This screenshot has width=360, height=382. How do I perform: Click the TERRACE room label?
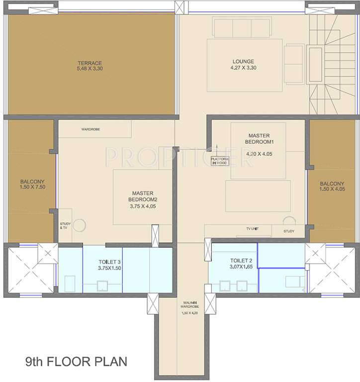(90, 63)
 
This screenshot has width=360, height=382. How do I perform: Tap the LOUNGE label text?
(243, 62)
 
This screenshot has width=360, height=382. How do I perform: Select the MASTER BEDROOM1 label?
(259, 138)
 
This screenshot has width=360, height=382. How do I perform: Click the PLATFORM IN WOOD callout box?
(219, 161)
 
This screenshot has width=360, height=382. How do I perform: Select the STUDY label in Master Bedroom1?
(289, 231)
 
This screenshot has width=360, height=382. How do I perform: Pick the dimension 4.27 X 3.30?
(243, 68)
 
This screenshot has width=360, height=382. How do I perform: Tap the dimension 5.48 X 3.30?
(90, 70)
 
